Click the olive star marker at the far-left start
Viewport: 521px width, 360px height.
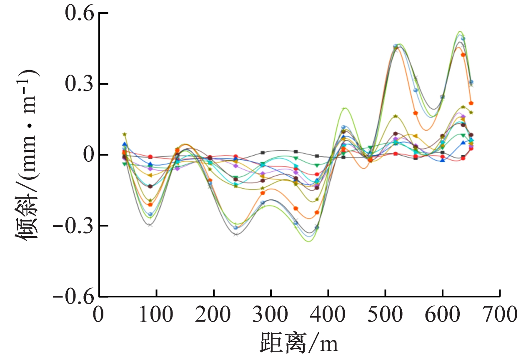(x=124, y=134)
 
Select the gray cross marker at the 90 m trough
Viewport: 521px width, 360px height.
(x=150, y=225)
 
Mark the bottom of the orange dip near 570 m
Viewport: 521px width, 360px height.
(x=426, y=130)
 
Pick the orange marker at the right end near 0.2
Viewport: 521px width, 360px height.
(x=471, y=103)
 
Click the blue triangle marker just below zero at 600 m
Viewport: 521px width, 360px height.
(x=443, y=160)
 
